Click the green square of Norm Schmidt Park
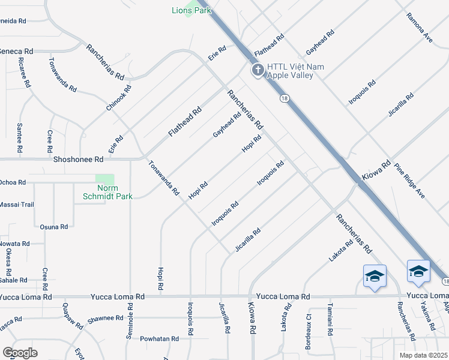[105, 181]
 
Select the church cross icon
[258, 71]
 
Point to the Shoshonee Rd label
[79, 160]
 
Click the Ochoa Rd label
[13, 182]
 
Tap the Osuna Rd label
[53, 227]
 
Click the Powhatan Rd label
[159, 339]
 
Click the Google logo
[20, 353]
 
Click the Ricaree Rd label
[24, 73]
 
